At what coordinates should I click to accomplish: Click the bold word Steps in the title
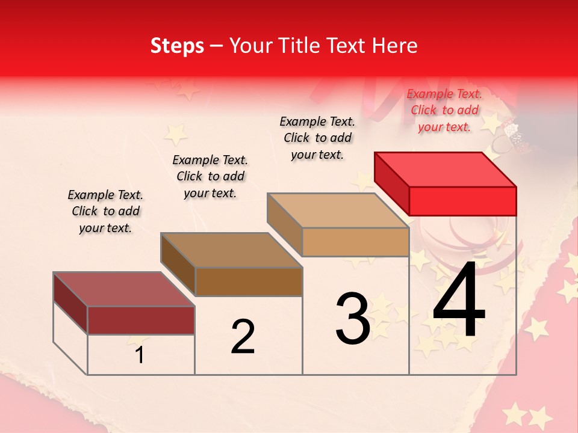(x=177, y=46)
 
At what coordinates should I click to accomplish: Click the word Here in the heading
(x=394, y=46)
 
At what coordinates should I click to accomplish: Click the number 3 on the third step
(x=353, y=319)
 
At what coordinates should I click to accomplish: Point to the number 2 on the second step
(x=243, y=336)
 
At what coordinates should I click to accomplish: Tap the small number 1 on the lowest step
(x=140, y=355)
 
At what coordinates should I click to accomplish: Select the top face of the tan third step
(x=338, y=210)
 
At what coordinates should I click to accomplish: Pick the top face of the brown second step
(x=231, y=250)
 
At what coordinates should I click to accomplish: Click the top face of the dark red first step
(x=124, y=289)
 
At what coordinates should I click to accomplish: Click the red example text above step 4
(x=444, y=110)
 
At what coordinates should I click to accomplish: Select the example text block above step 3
(x=317, y=138)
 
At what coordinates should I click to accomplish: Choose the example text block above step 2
(x=210, y=176)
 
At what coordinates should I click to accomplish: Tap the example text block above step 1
(x=105, y=211)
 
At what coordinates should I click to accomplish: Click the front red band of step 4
(x=462, y=201)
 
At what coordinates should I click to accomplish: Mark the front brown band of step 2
(x=249, y=281)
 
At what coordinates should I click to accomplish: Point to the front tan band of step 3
(x=355, y=242)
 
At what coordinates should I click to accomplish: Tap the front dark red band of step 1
(x=141, y=320)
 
